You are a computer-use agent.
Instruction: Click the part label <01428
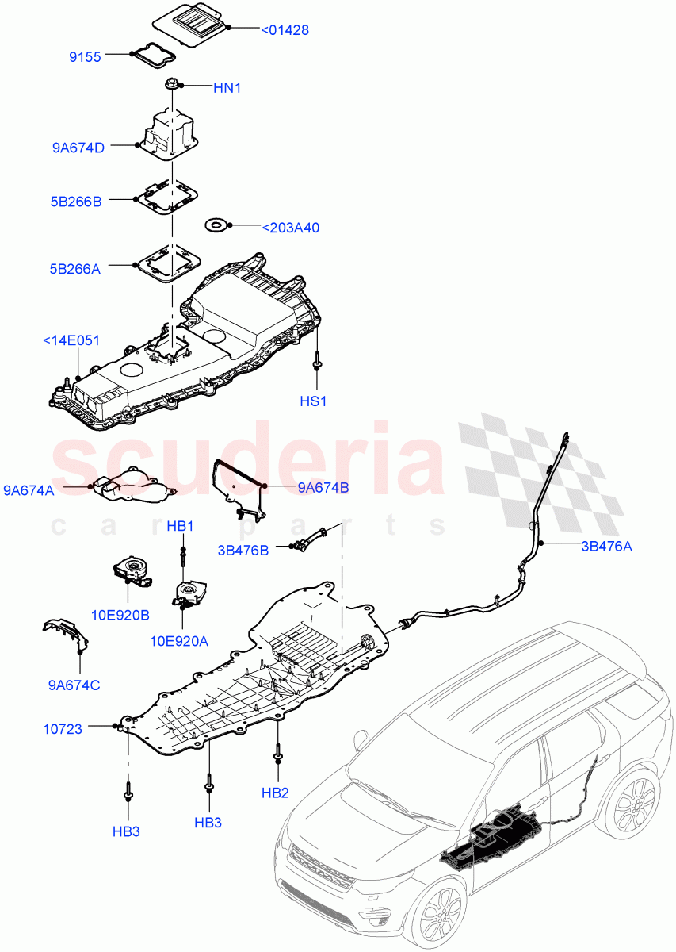coord(285,30)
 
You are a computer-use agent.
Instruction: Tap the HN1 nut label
coord(227,88)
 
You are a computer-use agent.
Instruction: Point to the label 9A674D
coord(78,147)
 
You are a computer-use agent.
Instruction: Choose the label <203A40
coord(290,228)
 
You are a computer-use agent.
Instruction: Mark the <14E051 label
coord(71,341)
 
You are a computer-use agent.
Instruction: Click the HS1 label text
coord(313,401)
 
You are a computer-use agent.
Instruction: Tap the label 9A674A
coord(29,491)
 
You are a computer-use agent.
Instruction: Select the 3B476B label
coord(243,549)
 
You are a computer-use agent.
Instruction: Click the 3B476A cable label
coord(606,546)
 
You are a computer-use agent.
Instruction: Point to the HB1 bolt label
coord(180,526)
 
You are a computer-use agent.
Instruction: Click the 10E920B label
coord(121,615)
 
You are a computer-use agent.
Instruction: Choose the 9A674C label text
coord(73,684)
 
